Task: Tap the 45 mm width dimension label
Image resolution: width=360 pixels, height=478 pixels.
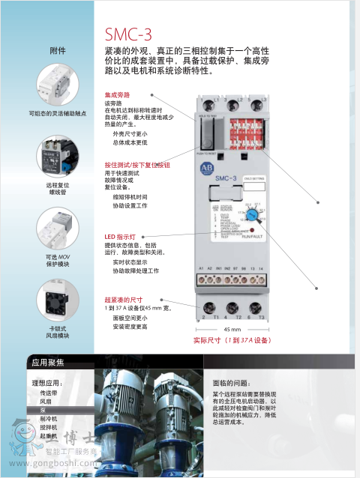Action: click(x=232, y=330)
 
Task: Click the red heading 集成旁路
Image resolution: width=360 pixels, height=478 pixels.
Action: click(x=117, y=95)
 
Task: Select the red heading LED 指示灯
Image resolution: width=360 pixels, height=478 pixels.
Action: click(x=120, y=237)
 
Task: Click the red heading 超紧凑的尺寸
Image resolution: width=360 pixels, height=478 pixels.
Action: click(x=122, y=299)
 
